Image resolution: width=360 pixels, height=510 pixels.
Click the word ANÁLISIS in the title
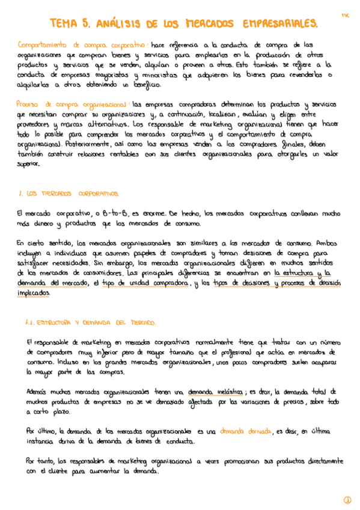118,23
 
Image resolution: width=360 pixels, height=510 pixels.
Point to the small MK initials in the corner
345,14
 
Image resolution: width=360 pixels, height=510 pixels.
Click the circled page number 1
347,500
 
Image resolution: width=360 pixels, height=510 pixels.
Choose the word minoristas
160,75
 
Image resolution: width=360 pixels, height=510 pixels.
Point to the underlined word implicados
34,292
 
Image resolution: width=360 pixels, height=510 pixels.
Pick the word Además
38,392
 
